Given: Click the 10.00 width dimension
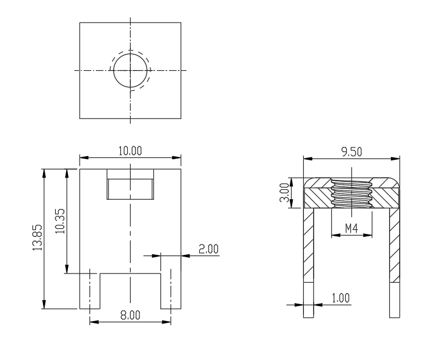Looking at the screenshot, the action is point(130,151).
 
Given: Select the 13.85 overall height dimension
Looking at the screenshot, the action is point(37,237).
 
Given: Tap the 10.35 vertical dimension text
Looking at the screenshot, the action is point(60,221).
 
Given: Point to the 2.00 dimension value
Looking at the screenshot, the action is point(209,249).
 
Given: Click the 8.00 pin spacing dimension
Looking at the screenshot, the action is point(130,315).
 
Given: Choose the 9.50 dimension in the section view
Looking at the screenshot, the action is point(351,152).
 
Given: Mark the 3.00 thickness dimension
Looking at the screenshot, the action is point(284,192).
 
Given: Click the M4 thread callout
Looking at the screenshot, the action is point(351,228).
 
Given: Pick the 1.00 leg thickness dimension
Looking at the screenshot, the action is point(340,298).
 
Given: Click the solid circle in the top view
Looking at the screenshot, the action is point(130,53).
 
